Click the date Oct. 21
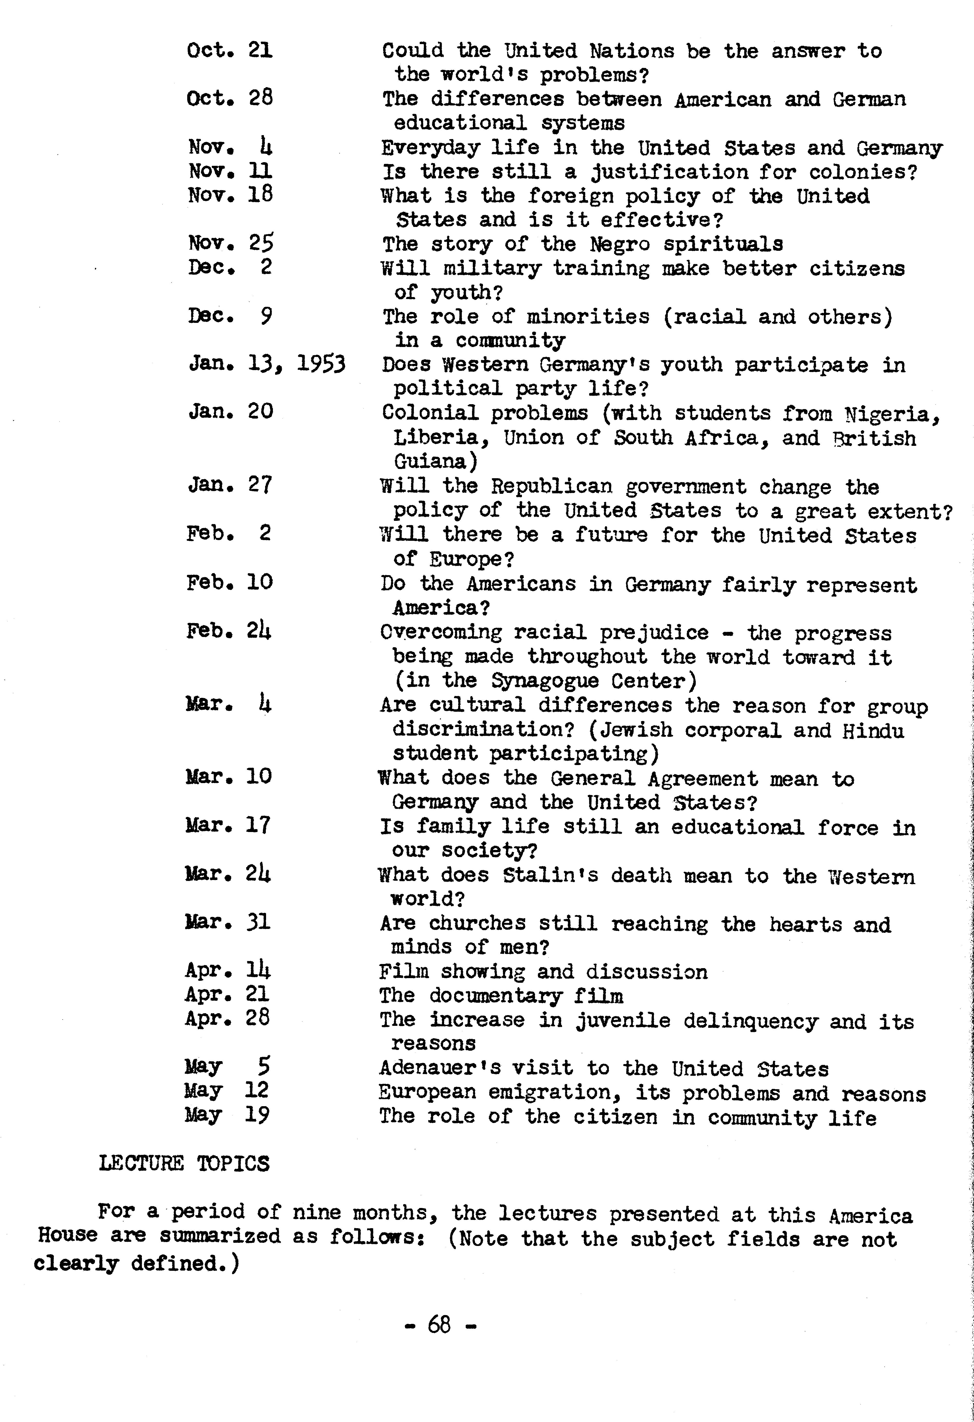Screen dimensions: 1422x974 (x=229, y=50)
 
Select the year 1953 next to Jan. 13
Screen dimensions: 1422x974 (x=321, y=365)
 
